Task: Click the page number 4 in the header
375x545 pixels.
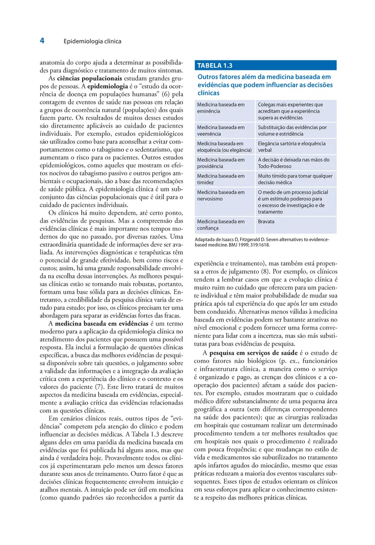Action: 42,41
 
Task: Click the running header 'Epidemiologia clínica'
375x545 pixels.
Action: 92,41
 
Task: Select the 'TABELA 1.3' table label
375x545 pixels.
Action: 215,65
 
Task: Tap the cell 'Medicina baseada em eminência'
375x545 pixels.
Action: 221,108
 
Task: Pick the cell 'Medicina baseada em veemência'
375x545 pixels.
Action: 221,131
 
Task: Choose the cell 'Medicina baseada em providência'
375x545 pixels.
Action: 221,163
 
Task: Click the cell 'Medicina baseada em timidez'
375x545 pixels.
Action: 221,179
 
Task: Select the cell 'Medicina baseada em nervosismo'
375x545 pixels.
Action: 221,195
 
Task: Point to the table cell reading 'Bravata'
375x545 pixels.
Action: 266,222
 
